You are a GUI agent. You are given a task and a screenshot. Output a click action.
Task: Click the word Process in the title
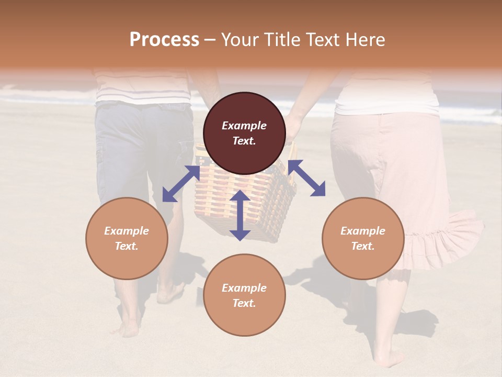pyautogui.click(x=164, y=40)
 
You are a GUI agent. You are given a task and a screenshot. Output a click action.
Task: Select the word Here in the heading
pyautogui.click(x=364, y=40)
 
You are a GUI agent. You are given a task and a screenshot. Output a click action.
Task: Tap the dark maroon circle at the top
pyautogui.click(x=244, y=134)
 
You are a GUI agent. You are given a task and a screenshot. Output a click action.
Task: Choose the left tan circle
pyautogui.click(x=127, y=238)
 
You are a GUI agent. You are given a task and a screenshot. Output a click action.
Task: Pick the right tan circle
pyautogui.click(x=363, y=238)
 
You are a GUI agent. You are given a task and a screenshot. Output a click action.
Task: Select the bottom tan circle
pyautogui.click(x=244, y=295)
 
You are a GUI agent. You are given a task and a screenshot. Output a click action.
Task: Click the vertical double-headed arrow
pyautogui.click(x=240, y=215)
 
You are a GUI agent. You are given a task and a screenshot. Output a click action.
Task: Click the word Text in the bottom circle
pyautogui.click(x=244, y=303)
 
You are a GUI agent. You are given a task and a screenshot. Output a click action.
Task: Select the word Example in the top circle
pyautogui.click(x=244, y=126)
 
